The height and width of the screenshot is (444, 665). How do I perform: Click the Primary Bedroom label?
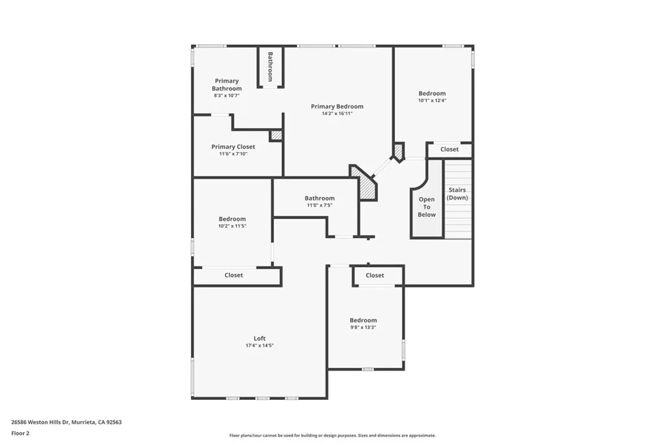[x=337, y=107]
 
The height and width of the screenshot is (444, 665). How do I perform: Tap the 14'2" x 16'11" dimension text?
[x=337, y=114]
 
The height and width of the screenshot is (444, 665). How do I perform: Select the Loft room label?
[x=259, y=339]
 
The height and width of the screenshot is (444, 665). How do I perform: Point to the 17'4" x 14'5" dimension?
[x=259, y=346]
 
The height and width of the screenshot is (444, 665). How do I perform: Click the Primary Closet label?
[x=233, y=147]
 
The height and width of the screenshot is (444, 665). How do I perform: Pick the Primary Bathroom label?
[x=227, y=85]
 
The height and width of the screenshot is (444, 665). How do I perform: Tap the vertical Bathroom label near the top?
[x=270, y=66]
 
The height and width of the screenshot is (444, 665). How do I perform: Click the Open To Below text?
[x=427, y=207]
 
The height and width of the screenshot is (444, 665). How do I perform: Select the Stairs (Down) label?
[x=457, y=194]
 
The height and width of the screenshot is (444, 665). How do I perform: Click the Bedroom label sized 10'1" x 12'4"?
[x=432, y=94]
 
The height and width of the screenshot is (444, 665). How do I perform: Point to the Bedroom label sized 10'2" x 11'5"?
[x=232, y=219]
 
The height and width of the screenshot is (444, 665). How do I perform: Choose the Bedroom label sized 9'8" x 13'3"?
[x=363, y=320]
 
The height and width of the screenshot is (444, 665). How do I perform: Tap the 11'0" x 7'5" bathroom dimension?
[x=320, y=205]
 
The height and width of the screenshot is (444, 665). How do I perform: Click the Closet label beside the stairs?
[x=449, y=150]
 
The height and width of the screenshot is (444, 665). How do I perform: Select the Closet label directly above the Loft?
[x=234, y=276]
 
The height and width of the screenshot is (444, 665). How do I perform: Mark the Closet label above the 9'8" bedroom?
[x=375, y=276]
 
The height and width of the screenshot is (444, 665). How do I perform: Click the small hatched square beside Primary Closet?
[x=277, y=135]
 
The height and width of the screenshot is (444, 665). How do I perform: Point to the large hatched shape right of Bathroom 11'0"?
[x=365, y=183]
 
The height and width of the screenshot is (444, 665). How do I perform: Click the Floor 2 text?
[x=21, y=433]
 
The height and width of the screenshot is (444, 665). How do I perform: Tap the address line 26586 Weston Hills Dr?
[x=66, y=422]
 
